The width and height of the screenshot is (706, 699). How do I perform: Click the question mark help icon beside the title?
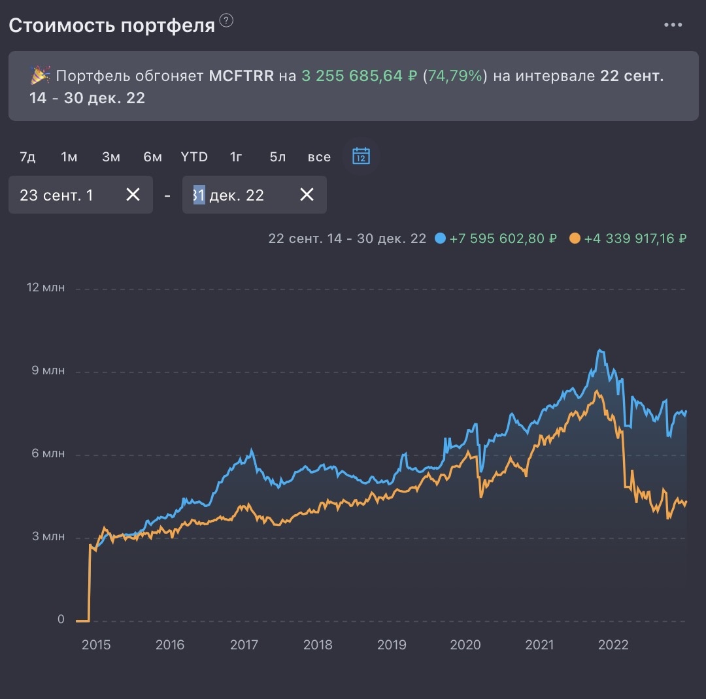226,21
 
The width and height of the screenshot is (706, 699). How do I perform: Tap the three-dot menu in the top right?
673,25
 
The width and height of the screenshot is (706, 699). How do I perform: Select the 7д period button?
27,157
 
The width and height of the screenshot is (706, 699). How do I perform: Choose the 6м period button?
152,157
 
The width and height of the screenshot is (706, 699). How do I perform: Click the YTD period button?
194,157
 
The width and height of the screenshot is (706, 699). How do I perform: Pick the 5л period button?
277,157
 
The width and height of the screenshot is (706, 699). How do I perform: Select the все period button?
319,157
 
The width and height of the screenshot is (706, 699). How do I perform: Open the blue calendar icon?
361,156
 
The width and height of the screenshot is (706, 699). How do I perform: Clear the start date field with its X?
133,195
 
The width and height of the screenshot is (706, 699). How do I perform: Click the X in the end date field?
307,195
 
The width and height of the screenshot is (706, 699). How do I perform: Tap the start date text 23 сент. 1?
57,195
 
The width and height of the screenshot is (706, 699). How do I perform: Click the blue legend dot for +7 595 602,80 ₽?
440,238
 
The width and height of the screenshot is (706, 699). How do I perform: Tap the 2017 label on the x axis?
244,645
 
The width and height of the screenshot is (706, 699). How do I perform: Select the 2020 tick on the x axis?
465,645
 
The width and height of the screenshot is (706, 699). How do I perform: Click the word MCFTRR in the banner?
241,76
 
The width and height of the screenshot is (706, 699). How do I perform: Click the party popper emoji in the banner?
40,76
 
